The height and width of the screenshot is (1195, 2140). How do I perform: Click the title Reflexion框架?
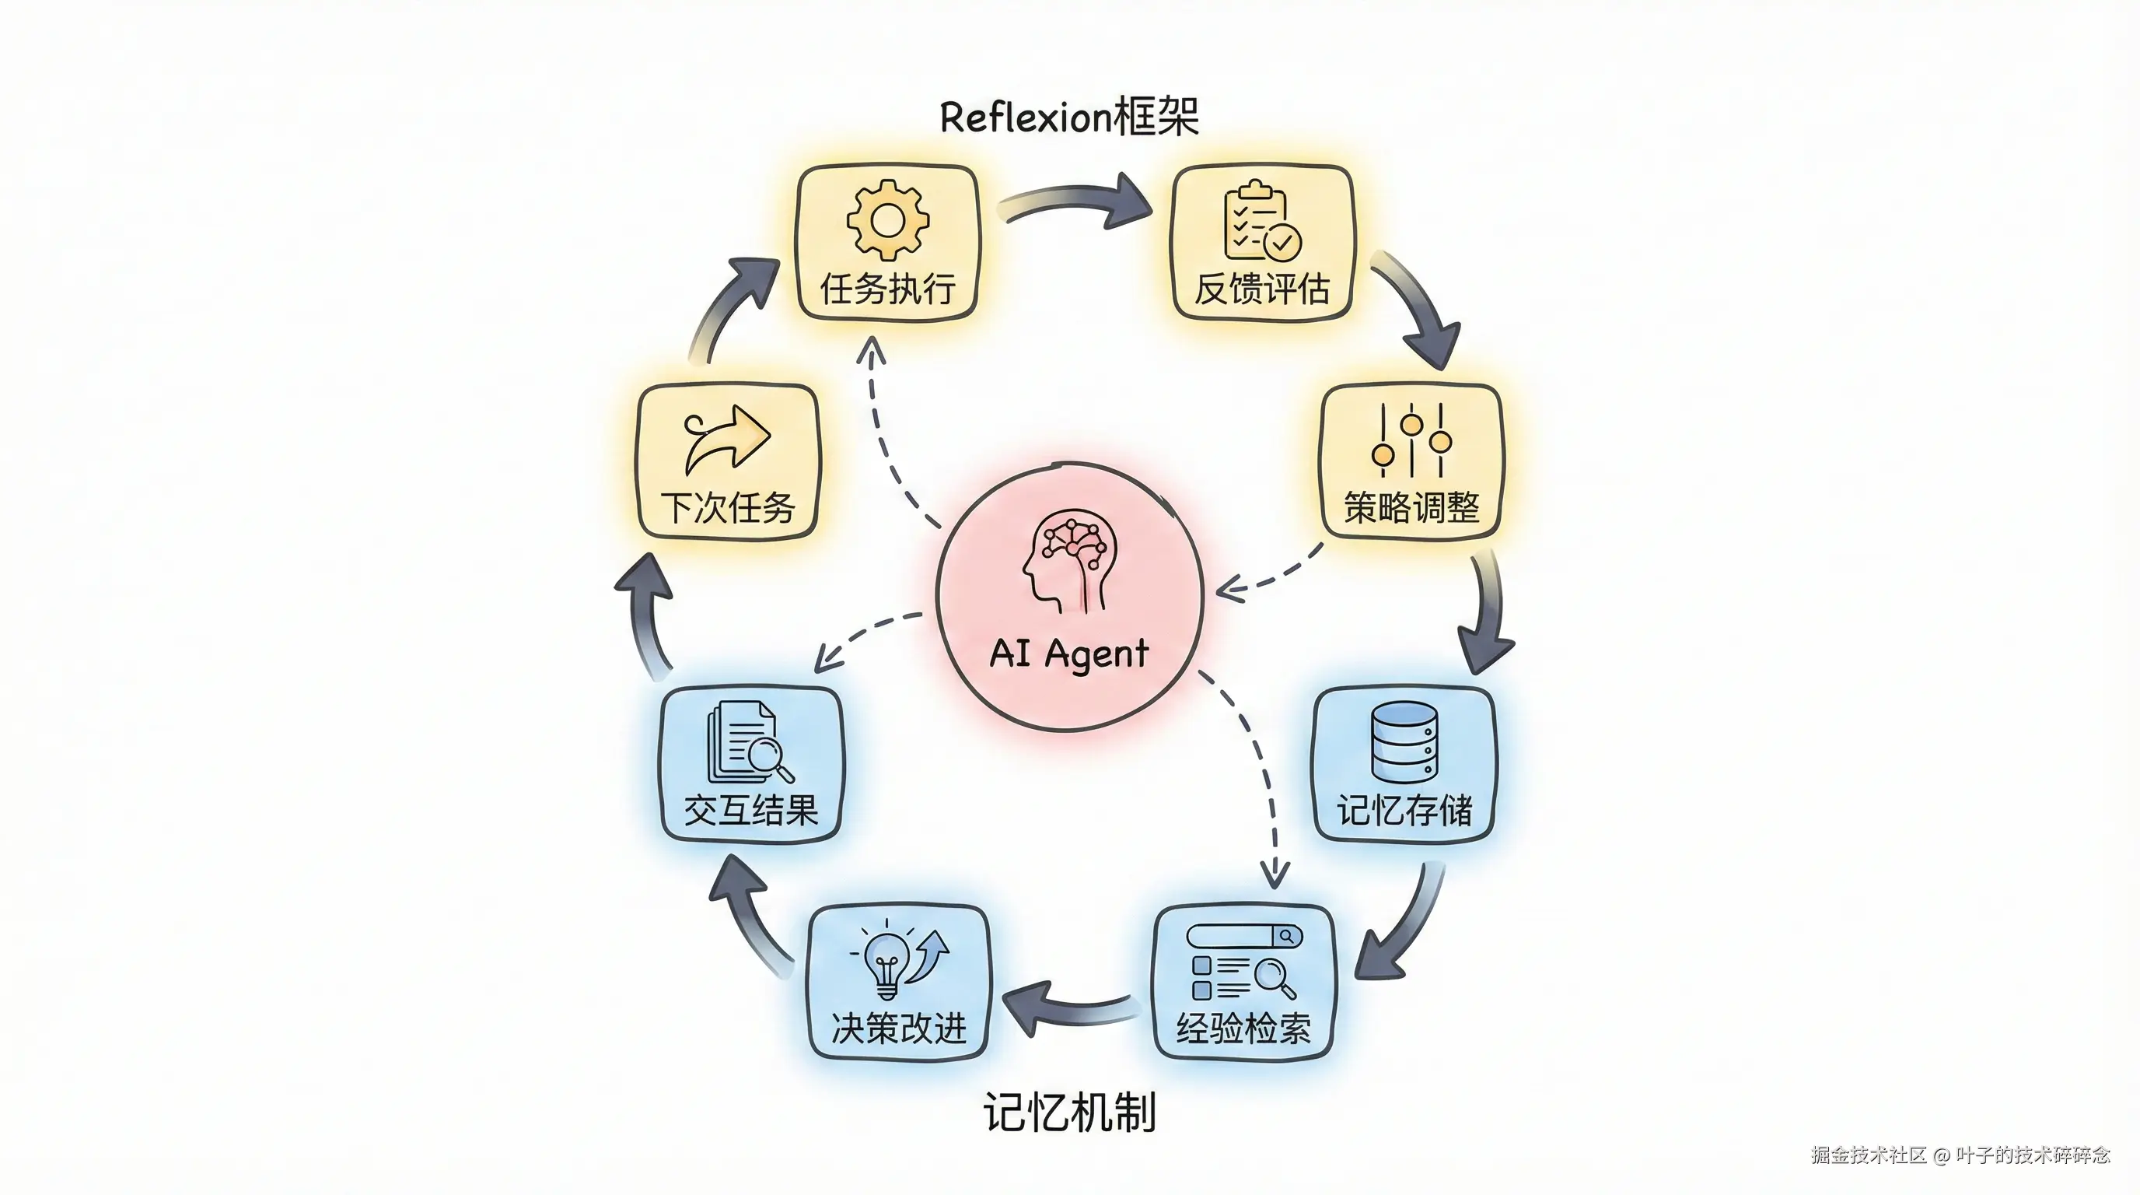(x=1069, y=117)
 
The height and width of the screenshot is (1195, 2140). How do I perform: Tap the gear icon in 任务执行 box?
(x=887, y=220)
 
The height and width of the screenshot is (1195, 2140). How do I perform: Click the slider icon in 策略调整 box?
(x=1411, y=440)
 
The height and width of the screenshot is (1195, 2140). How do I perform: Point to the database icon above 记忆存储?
(x=1404, y=742)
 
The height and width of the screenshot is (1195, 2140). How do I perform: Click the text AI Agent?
(x=1069, y=654)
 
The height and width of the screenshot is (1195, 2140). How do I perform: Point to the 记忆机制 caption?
(x=1069, y=1113)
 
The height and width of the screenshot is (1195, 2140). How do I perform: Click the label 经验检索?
(x=1243, y=1029)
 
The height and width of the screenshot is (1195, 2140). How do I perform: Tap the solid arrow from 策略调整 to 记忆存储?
(x=1487, y=615)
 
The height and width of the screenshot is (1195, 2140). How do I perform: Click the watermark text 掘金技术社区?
(x=1869, y=1155)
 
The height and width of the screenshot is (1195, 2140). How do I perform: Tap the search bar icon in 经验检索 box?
(x=1243, y=937)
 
